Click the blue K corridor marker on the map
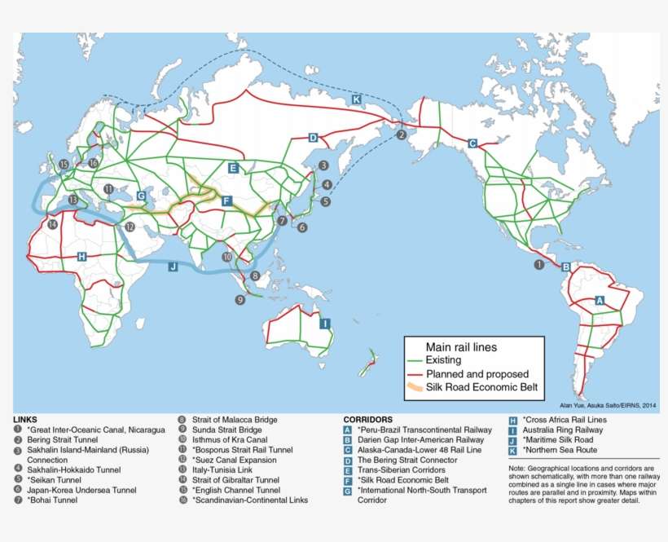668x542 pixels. [x=356, y=99]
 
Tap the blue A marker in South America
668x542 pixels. [x=600, y=300]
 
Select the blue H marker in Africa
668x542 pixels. [x=81, y=256]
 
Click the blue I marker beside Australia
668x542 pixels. [x=324, y=323]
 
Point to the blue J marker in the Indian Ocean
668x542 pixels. [x=173, y=266]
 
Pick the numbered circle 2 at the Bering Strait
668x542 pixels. [x=401, y=134]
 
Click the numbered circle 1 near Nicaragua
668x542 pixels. [x=538, y=264]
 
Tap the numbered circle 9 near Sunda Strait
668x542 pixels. [x=240, y=300]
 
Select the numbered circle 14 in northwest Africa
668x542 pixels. [x=53, y=224]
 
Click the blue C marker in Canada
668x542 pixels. [x=472, y=143]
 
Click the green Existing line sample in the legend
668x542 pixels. [x=416, y=359]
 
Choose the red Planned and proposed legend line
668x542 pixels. [x=416, y=373]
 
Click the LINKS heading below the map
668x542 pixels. [x=25, y=419]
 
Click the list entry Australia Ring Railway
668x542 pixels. [x=563, y=430]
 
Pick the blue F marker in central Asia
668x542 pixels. [x=226, y=200]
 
